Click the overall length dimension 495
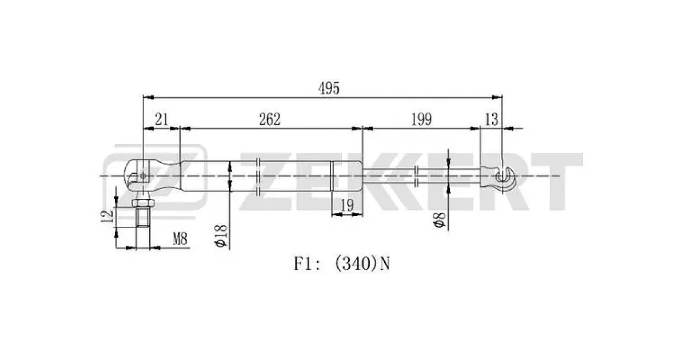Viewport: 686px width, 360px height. click(x=329, y=88)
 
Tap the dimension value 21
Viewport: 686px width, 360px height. click(x=161, y=119)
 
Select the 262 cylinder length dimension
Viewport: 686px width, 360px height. click(x=269, y=119)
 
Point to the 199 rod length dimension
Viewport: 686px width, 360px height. click(x=421, y=119)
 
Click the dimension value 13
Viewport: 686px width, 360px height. click(x=492, y=119)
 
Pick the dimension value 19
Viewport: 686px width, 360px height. click(x=348, y=205)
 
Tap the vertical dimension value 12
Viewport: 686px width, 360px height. click(x=108, y=217)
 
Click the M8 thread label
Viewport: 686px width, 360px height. click(x=180, y=238)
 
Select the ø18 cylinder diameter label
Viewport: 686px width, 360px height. click(x=221, y=235)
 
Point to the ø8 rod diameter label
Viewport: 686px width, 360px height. click(x=440, y=221)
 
